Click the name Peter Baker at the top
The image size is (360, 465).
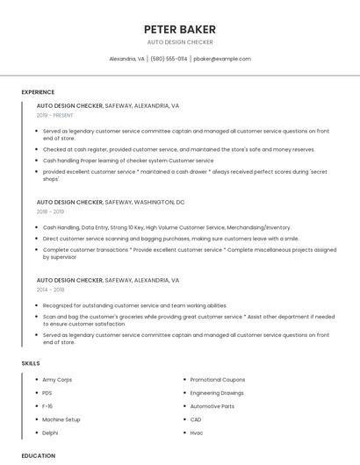[x=180, y=29]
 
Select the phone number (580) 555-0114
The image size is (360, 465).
[x=169, y=59]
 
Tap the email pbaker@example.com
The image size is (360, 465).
[x=222, y=59]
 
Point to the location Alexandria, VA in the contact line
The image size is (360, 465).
[x=126, y=59]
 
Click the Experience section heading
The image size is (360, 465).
[x=38, y=92]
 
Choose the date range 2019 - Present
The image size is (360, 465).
[x=54, y=115]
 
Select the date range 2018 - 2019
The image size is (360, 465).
[x=50, y=211]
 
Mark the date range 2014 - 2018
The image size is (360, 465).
[x=50, y=290]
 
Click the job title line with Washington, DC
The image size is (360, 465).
[x=111, y=202]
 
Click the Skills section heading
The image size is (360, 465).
[x=30, y=363]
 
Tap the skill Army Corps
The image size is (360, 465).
[x=57, y=380]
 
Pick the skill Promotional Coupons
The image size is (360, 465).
[x=217, y=380]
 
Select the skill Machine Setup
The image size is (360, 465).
[x=61, y=419]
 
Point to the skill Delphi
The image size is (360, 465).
[x=51, y=433]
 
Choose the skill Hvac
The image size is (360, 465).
[x=197, y=433]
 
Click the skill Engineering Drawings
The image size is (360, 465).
[x=217, y=393]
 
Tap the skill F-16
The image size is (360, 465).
[x=48, y=406]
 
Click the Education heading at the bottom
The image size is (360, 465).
[x=38, y=455]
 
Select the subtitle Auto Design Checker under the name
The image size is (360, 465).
[x=180, y=42]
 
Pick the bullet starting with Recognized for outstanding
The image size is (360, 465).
[x=134, y=305]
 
